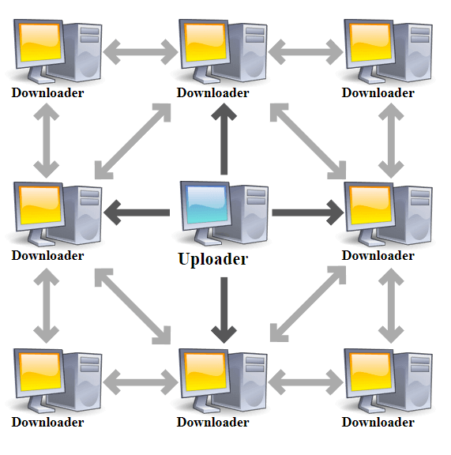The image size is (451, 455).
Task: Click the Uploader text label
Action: tap(213, 259)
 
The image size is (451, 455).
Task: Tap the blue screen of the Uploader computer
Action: tap(207, 205)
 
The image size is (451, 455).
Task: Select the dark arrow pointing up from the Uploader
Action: tap(224, 139)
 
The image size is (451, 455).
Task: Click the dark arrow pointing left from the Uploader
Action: tap(137, 212)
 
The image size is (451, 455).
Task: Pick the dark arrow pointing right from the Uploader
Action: tap(308, 212)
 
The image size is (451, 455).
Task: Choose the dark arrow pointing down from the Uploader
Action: tap(224, 310)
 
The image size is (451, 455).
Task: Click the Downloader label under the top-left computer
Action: tap(47, 93)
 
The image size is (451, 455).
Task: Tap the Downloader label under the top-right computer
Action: tap(378, 93)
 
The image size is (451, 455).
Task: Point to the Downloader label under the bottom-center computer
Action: tap(212, 422)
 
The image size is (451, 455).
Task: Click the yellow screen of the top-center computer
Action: tap(205, 43)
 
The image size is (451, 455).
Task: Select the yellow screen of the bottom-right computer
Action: tap(370, 372)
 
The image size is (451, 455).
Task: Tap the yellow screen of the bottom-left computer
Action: tap(40, 372)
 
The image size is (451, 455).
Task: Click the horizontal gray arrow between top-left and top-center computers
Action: tap(141, 52)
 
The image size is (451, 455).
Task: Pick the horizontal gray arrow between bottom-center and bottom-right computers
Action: tap(306, 382)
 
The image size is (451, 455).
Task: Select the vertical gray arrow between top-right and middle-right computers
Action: tap(391, 141)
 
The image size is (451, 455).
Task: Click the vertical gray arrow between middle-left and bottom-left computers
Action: tap(46, 306)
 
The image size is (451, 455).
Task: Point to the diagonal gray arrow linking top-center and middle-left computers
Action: tap(133, 141)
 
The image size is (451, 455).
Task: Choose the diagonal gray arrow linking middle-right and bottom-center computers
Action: tap(308, 304)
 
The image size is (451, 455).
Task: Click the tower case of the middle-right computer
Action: tap(413, 215)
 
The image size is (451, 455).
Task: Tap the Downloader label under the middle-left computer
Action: tap(47, 256)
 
